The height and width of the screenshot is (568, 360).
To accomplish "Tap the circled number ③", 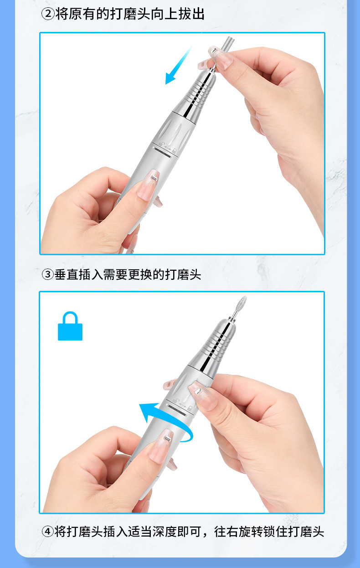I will [x=48, y=275].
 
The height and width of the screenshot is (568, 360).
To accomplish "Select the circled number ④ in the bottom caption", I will [x=48, y=532].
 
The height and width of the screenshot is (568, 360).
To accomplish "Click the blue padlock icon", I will [x=70, y=326].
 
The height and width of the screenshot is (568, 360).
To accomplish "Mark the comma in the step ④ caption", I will [x=206, y=534].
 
